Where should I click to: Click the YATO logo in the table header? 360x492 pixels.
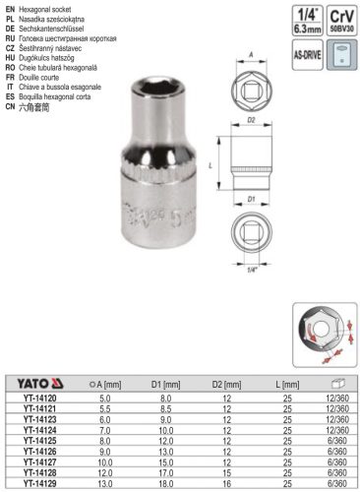pyautogui.click(x=37, y=382)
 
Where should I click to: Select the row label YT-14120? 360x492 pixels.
pyautogui.click(x=38, y=397)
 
